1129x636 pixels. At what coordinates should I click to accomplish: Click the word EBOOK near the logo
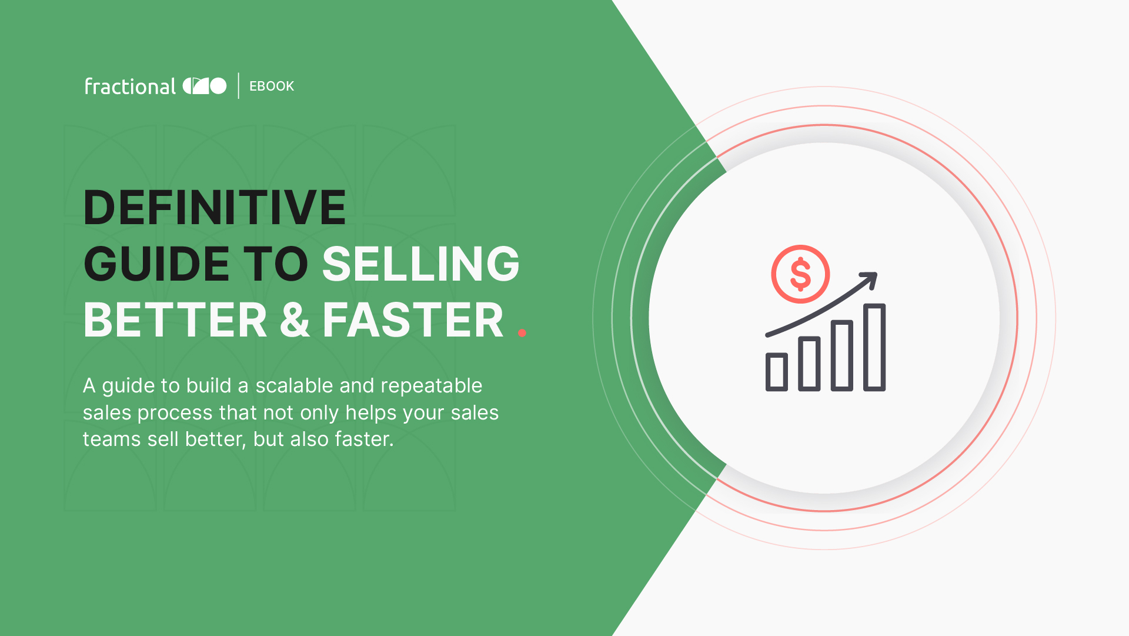coord(272,86)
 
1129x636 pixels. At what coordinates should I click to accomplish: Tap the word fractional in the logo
coord(130,86)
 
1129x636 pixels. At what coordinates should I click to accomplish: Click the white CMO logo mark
coord(205,86)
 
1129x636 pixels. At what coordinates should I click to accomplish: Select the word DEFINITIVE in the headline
coord(215,207)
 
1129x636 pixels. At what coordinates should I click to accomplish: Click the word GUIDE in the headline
coord(156,264)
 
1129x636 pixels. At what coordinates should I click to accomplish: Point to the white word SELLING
coord(421,264)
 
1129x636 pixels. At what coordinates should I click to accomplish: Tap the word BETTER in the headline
coord(175,320)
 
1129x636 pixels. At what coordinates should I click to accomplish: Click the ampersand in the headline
coord(295,320)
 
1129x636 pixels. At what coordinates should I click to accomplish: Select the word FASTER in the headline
coord(413,320)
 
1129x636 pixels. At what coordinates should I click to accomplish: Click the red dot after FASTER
coord(522,333)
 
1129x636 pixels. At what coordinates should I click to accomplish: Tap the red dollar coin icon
coord(800,274)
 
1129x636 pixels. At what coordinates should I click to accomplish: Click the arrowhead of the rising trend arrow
coord(870,279)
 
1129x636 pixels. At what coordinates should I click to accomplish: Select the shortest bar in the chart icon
coord(777,372)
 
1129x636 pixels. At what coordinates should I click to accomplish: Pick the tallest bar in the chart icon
coord(874,347)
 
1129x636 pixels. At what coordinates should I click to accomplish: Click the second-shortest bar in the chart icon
coord(809,364)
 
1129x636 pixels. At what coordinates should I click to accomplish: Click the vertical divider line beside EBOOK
coord(239,86)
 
